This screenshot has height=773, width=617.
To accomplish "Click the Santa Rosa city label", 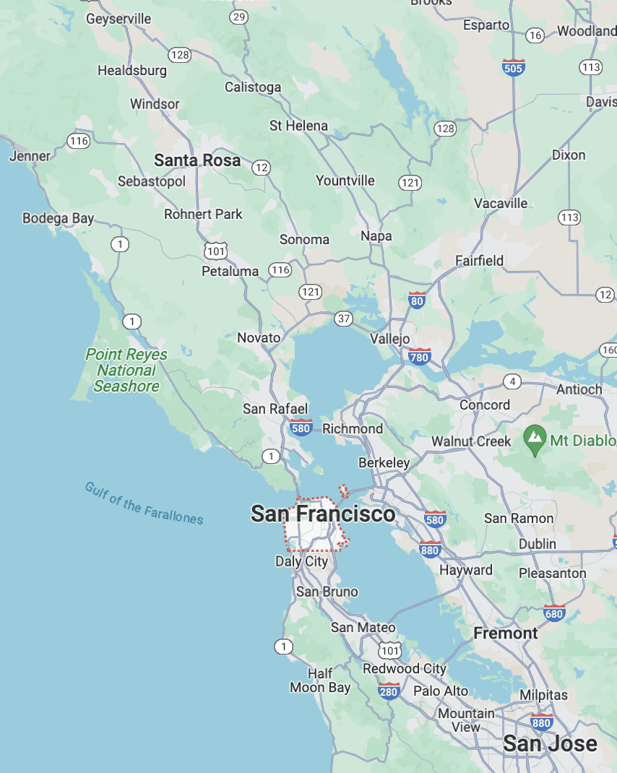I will click(197, 160).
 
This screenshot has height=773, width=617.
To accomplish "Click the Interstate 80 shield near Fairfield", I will click(416, 301).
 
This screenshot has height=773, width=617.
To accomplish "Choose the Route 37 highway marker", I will click(343, 319).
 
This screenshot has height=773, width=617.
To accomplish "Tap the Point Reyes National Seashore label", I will click(126, 371).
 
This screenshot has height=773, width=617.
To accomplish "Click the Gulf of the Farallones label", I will click(144, 503).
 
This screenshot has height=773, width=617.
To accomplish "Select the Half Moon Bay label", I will click(320, 681).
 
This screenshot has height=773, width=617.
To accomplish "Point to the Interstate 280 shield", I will click(389, 691).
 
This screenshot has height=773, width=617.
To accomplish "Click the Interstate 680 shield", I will click(554, 613).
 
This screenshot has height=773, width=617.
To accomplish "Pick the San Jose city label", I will click(550, 743).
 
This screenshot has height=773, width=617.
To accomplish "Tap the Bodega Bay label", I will click(58, 218).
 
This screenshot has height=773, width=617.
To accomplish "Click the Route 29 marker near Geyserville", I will click(238, 16).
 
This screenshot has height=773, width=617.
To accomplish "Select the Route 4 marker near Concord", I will click(512, 381).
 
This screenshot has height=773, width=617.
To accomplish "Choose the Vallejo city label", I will click(390, 339).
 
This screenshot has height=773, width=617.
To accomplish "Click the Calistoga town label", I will click(253, 87).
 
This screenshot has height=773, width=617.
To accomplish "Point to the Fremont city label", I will click(506, 634).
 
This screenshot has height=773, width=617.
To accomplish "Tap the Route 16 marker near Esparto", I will click(535, 35).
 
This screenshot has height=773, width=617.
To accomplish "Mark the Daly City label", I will click(301, 561).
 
